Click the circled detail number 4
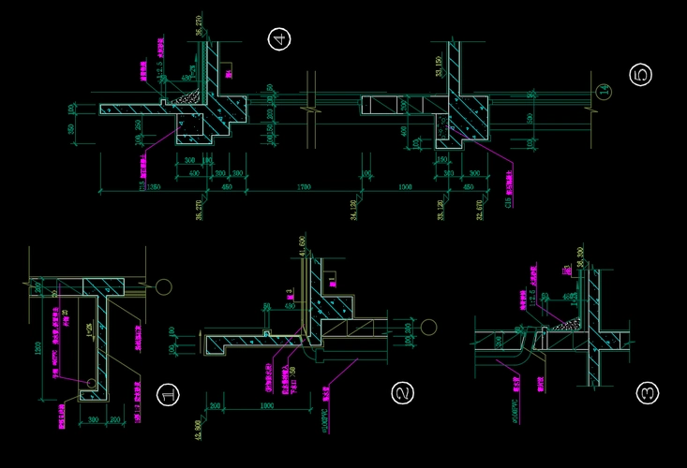point(278,39)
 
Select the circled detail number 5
point(641,75)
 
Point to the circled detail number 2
point(403,394)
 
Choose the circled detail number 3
point(648,393)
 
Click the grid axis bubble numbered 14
point(604,91)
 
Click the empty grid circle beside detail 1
point(164,286)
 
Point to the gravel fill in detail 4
point(188,95)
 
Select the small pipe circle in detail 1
point(92,383)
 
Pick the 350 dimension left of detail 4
point(72,127)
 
